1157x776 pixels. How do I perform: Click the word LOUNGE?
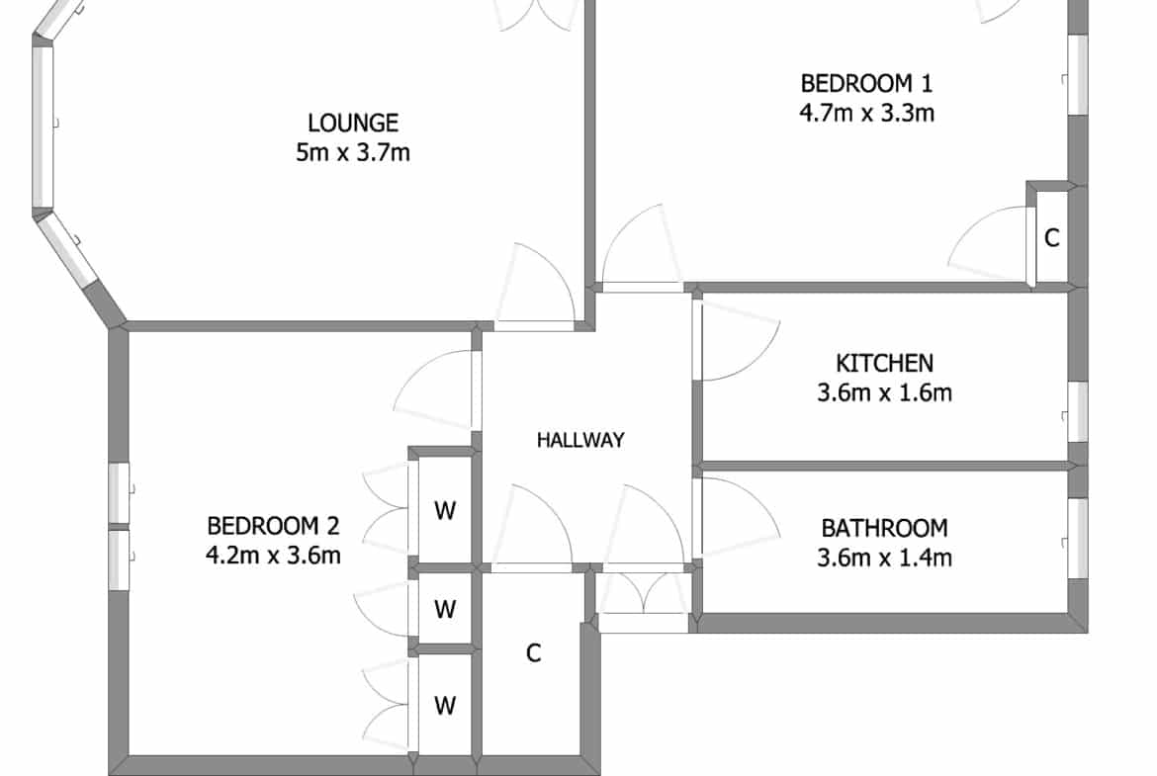[x=353, y=123]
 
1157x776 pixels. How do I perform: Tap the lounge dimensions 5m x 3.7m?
[x=353, y=152]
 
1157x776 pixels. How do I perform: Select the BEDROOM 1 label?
[x=867, y=83]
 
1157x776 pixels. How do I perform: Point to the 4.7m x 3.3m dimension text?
[x=867, y=113]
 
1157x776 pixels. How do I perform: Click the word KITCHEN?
[x=885, y=363]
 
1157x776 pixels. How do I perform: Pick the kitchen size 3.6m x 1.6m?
[x=885, y=392]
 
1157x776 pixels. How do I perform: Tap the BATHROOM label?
[x=885, y=528]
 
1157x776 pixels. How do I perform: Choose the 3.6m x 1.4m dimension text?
[x=885, y=558]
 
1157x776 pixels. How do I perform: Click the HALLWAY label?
[x=580, y=440]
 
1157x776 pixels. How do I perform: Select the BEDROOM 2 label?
[x=273, y=526]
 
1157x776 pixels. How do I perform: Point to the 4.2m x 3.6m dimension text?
[x=273, y=555]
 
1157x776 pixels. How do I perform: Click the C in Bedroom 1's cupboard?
[x=1052, y=237]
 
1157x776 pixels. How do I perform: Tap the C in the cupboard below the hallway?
[x=533, y=652]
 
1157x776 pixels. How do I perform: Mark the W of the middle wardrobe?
[x=445, y=609]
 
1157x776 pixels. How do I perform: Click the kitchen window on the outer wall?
[x=1078, y=411]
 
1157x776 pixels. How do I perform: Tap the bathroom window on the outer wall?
[x=1078, y=538]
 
